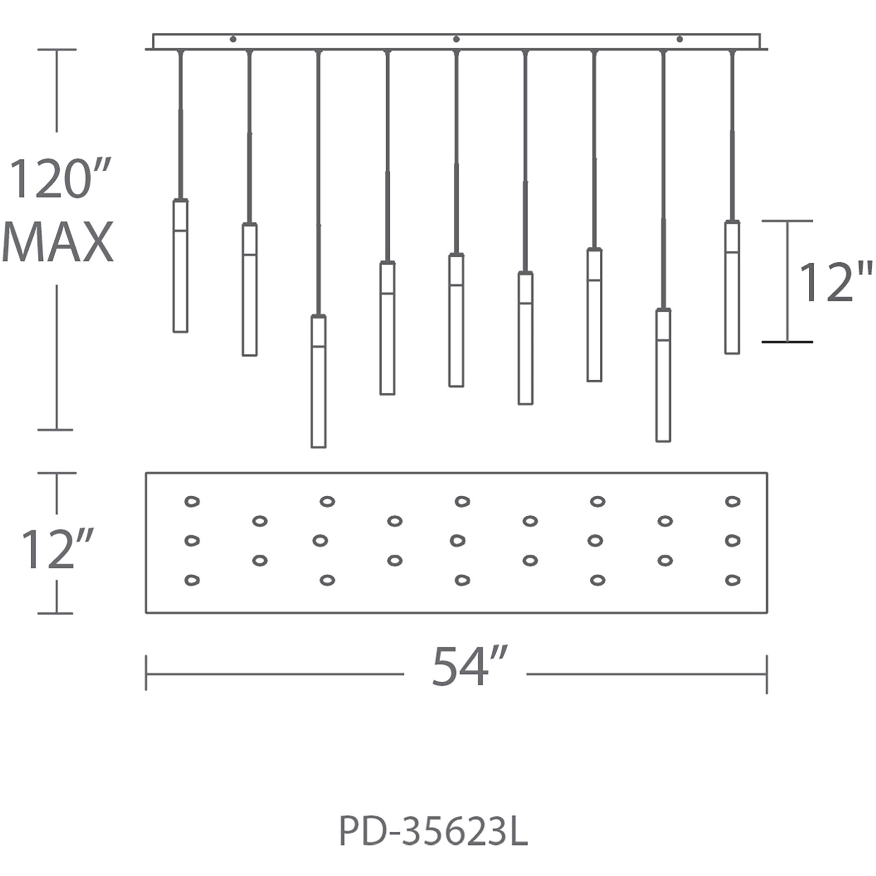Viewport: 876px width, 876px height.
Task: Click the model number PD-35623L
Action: [433, 831]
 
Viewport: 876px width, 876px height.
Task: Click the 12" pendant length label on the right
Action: [835, 282]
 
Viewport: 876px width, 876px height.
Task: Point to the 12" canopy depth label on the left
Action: [58, 548]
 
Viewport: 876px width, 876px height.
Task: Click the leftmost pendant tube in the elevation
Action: [180, 266]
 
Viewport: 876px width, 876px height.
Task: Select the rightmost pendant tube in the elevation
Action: [732, 287]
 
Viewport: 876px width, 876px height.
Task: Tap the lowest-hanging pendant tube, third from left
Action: [319, 382]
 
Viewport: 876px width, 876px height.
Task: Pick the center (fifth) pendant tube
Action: [456, 321]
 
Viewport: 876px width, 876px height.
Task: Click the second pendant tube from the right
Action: [663, 375]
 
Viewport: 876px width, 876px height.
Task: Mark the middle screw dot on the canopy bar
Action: [456, 39]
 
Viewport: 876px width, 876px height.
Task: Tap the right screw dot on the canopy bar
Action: [680, 39]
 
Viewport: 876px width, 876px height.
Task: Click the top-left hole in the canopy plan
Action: [192, 501]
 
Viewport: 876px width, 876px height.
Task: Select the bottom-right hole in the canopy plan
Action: [732, 580]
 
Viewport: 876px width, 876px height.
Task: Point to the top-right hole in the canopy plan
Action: [732, 501]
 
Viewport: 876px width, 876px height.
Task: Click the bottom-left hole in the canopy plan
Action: [192, 580]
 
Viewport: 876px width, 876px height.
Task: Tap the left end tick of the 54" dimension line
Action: [146, 673]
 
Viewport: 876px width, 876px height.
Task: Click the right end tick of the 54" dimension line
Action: [766, 674]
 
